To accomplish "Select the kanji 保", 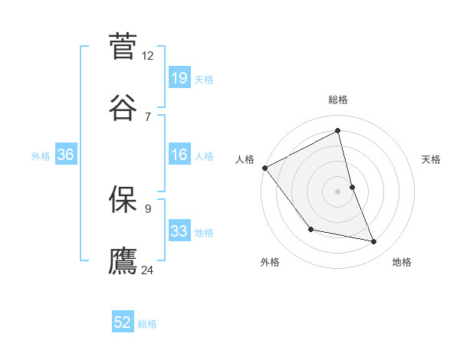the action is pyautogui.click(x=123, y=198).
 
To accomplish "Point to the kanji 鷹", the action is pyautogui.click(x=123, y=259).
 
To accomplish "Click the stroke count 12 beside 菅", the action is pyautogui.click(x=148, y=55).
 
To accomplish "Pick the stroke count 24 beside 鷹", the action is pyautogui.click(x=148, y=269).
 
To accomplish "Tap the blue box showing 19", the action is pyautogui.click(x=179, y=78).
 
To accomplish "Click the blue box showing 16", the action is pyautogui.click(x=179, y=155).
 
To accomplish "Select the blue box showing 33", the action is pyautogui.click(x=179, y=231).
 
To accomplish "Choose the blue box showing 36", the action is pyautogui.click(x=66, y=155).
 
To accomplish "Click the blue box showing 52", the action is pyautogui.click(x=123, y=322).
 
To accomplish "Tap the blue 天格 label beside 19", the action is pyautogui.click(x=203, y=79).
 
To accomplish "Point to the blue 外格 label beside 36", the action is pyautogui.click(x=41, y=155).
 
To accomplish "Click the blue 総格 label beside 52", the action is pyautogui.click(x=147, y=324).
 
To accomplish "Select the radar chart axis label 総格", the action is pyautogui.click(x=338, y=100).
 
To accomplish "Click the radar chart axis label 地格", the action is pyautogui.click(x=402, y=262).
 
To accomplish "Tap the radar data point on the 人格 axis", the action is pyautogui.click(x=264, y=168).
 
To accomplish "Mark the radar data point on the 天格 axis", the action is pyautogui.click(x=352, y=187).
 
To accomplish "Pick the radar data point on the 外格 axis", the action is pyautogui.click(x=310, y=229).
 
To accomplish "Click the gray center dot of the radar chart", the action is pyautogui.click(x=338, y=191).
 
